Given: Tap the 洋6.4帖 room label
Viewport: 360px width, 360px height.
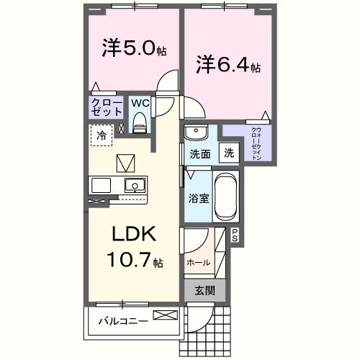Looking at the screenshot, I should point(228,66).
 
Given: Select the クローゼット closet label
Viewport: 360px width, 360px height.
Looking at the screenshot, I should point(106,107).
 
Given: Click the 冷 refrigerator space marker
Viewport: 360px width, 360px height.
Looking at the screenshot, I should point(102,135).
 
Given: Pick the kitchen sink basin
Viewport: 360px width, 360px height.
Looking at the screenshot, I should point(134,186).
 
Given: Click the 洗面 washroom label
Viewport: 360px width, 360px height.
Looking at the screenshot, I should point(199,153).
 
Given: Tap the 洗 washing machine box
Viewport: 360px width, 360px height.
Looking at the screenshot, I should point(228,153).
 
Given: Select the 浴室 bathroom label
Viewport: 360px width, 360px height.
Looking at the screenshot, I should point(199,197).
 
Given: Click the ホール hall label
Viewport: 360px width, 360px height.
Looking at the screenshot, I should point(199,263).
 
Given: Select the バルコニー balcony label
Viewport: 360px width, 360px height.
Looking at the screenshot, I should point(123,320).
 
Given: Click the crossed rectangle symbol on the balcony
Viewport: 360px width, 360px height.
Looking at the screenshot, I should point(164,315).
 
